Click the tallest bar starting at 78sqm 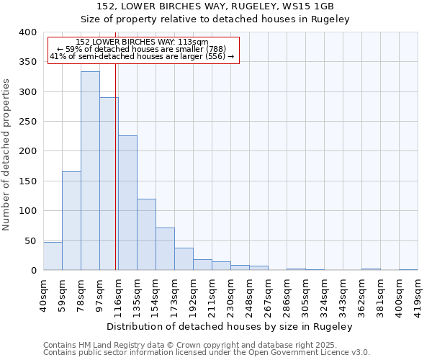click(90, 171)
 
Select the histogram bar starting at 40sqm click(53, 256)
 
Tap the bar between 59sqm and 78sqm click(71, 221)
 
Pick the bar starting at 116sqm click(127, 203)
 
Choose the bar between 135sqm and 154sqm click(146, 235)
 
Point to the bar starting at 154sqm click(165, 249)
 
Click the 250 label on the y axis click(27, 122)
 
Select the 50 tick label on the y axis click(30, 240)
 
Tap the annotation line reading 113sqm click(142, 42)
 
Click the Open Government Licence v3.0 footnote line click(207, 353)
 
